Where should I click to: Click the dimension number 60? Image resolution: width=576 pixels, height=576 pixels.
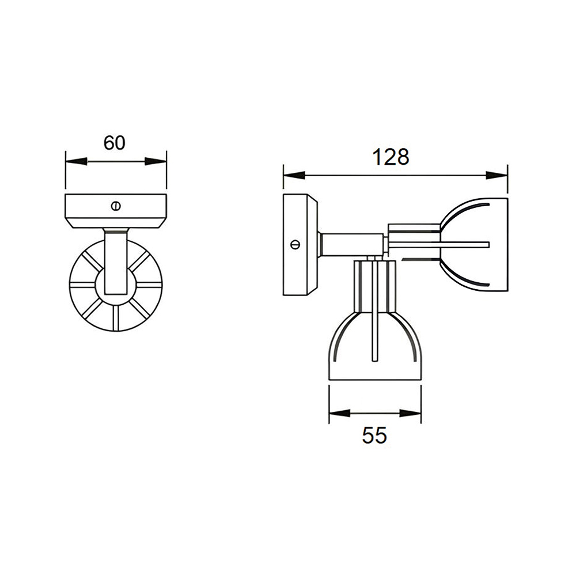(114, 143)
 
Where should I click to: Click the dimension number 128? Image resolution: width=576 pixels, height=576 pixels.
(391, 157)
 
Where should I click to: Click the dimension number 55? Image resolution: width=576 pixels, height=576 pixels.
(374, 435)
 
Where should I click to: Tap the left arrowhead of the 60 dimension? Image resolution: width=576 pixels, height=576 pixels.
(77, 162)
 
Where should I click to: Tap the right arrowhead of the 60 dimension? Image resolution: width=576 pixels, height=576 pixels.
(156, 162)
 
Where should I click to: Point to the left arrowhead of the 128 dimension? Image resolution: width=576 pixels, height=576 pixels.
(294, 176)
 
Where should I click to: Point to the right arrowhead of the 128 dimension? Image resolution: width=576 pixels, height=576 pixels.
(497, 176)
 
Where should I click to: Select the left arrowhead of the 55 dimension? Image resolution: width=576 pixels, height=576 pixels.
(340, 413)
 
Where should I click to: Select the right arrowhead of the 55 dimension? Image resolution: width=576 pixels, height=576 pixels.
(410, 413)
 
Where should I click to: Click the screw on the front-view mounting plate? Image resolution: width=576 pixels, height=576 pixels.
(116, 206)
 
